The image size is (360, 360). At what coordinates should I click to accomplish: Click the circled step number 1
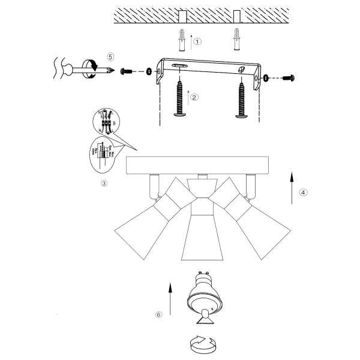(x=198, y=42)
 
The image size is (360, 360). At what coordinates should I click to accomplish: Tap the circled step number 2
(x=194, y=97)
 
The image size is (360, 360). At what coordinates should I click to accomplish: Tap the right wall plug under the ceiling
(x=237, y=41)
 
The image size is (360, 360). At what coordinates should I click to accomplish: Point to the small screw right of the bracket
(x=289, y=77)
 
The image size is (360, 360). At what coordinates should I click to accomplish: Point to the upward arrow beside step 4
(x=291, y=188)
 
